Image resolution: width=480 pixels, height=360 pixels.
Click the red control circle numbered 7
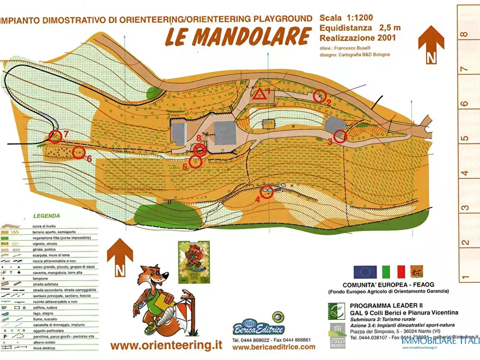point(55,136)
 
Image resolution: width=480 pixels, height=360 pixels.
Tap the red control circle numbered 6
point(78,153)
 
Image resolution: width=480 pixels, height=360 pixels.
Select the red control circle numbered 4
point(267,191)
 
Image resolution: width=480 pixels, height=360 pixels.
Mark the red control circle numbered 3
point(340,136)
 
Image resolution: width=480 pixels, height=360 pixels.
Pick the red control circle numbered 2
point(320,95)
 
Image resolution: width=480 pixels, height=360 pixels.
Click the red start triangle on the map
point(260,96)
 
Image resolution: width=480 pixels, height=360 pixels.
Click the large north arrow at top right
point(431,43)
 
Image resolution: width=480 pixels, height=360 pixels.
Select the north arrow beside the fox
point(119,256)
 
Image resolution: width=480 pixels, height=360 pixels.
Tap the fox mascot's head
point(154,279)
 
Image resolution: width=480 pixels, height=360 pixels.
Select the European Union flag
point(364,272)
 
